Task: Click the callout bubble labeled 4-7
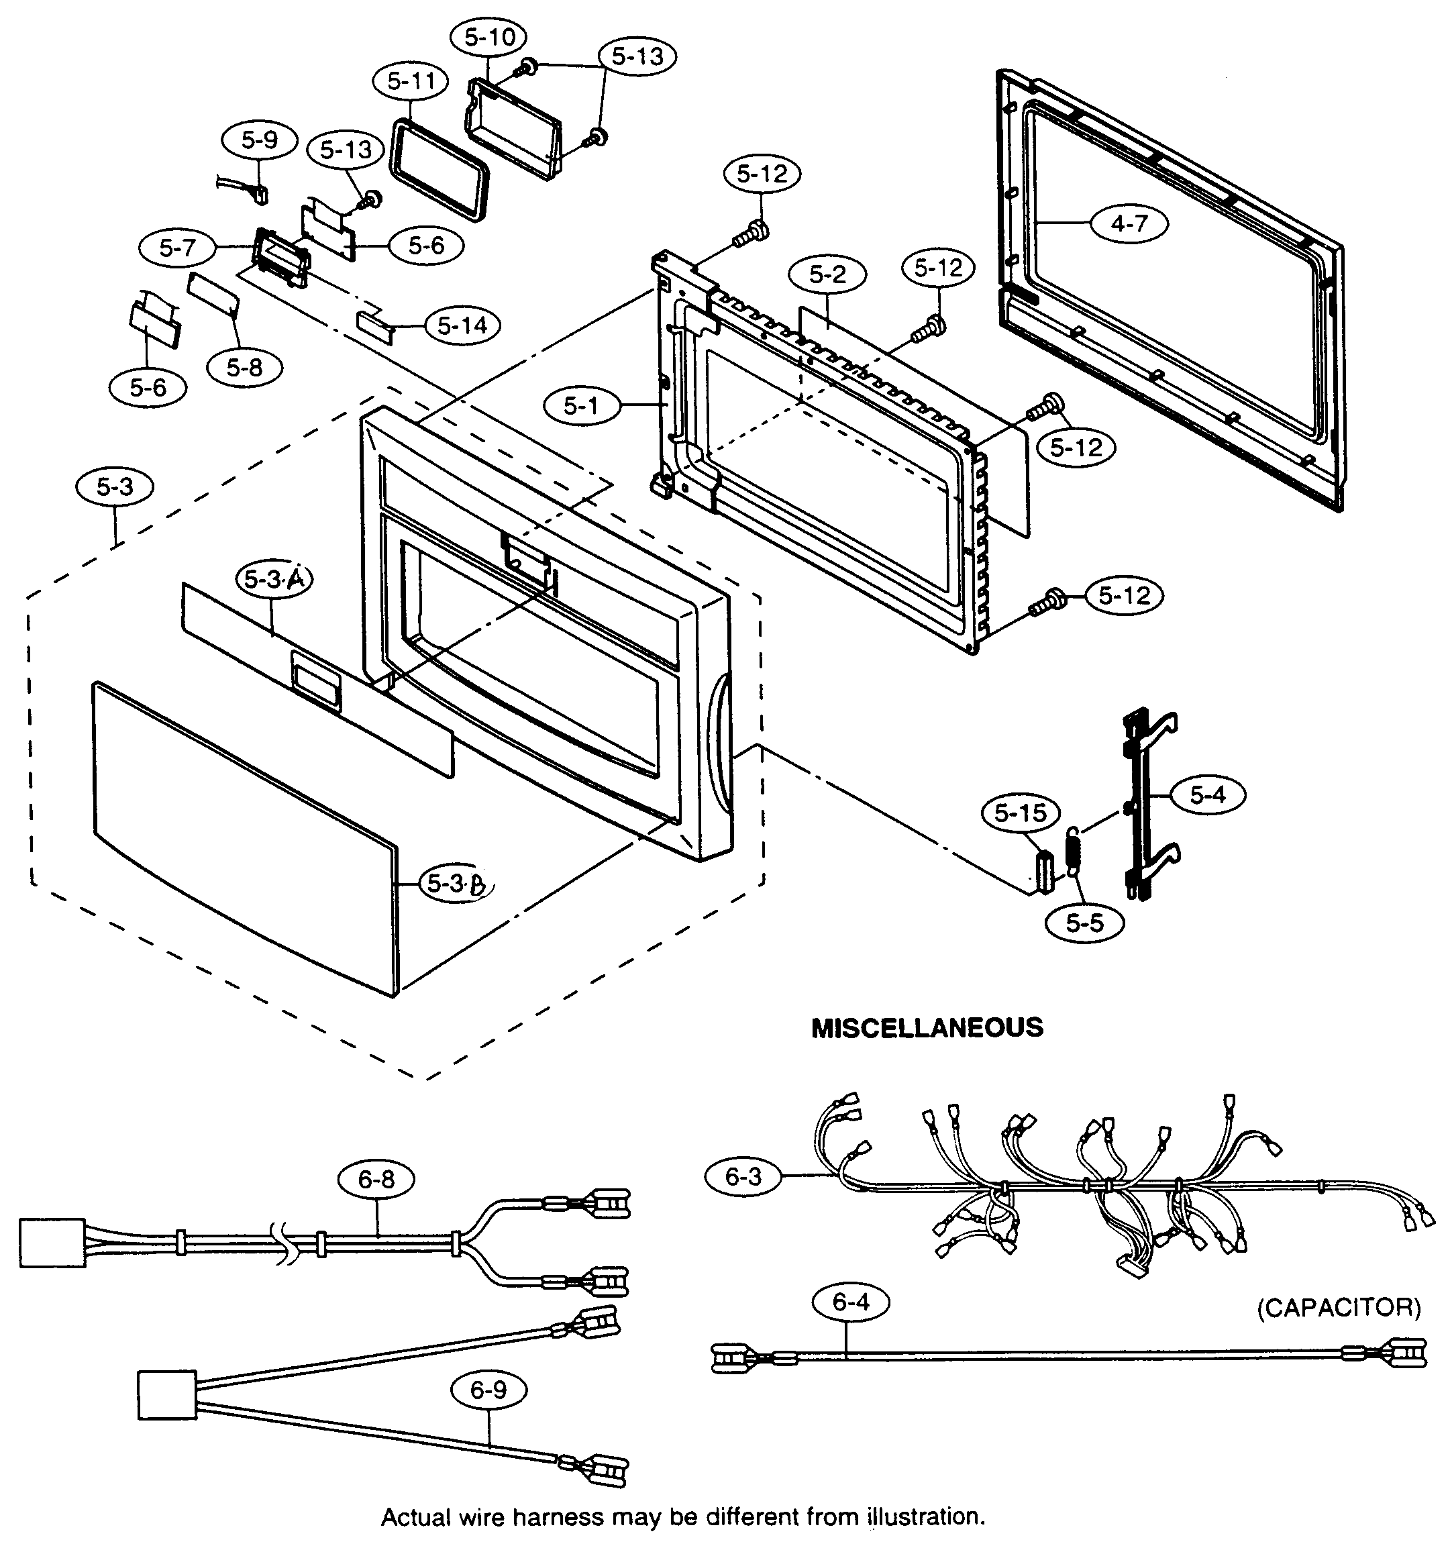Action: coord(1129,223)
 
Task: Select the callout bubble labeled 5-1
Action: coord(581,405)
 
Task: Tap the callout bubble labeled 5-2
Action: coord(827,274)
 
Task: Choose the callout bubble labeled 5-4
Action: coord(1207,794)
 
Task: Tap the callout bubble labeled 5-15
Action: coord(1021,813)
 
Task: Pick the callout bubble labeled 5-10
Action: coord(489,36)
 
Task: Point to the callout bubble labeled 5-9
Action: coord(259,140)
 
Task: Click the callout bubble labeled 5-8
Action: coord(244,367)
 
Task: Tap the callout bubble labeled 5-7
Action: coord(177,248)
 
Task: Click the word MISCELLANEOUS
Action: coord(927,1028)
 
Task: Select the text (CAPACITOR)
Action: coord(1339,1307)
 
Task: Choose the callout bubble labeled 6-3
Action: coord(743,1176)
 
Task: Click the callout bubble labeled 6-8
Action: coord(376,1180)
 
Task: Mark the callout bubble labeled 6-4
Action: coord(851,1302)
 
